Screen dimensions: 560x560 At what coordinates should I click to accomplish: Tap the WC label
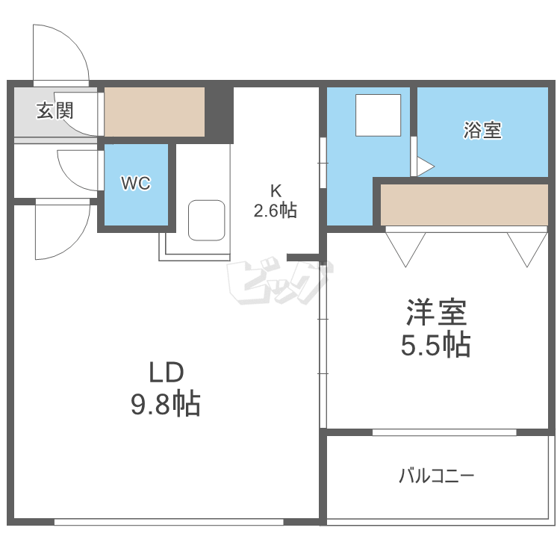137,183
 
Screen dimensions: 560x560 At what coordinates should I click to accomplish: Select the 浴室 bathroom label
482,131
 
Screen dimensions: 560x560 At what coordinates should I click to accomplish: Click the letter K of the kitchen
275,190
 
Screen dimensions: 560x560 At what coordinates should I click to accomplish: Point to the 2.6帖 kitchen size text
275,211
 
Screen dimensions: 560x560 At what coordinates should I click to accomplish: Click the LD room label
166,372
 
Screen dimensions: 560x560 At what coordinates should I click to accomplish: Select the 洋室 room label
437,312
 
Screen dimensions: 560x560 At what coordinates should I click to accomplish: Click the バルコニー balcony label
437,476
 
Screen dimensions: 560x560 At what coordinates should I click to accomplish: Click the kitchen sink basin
207,220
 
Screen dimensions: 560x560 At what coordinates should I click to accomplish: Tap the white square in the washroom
378,115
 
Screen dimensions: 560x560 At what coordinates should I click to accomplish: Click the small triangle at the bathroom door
423,167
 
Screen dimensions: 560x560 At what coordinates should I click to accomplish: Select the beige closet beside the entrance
155,112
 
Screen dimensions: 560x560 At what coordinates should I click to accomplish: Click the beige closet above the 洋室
464,204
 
